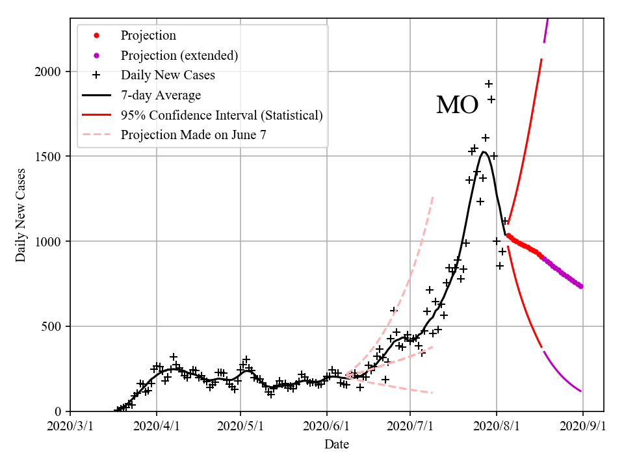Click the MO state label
tap(457, 105)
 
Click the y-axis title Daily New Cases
tap(21, 214)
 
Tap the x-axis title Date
tap(337, 445)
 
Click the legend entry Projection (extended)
tap(179, 56)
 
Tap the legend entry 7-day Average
tap(161, 96)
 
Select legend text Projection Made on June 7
tap(193, 135)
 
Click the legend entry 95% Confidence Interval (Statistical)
tap(221, 116)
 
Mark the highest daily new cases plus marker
tap(489, 84)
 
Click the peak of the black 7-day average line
tap(484, 152)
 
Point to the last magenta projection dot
tap(580, 286)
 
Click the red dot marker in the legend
tap(96, 36)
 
